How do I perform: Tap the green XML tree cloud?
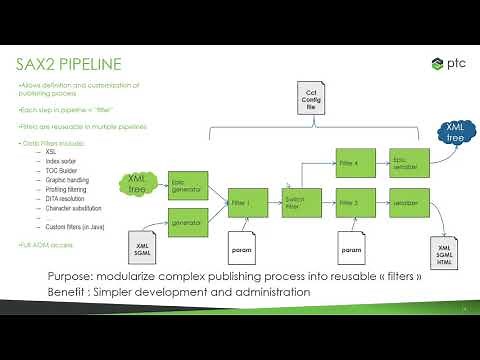pyautogui.click(x=139, y=182)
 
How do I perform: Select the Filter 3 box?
pyautogui.click(x=348, y=203)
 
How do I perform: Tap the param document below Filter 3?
pyautogui.click(x=350, y=246)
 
